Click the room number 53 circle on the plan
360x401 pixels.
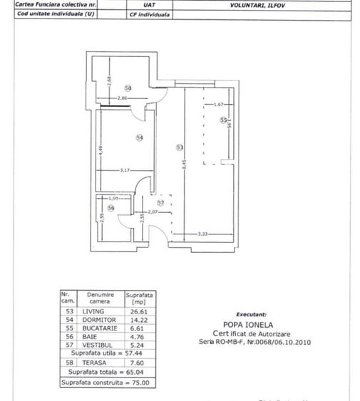[x=180, y=147]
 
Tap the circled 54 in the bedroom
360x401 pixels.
[x=139, y=137]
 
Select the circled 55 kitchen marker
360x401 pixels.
[x=222, y=121]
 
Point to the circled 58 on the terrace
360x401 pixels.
[x=128, y=88]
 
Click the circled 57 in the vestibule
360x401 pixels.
[x=160, y=203]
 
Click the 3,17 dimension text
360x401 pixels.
[x=125, y=170]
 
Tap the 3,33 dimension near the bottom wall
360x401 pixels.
[x=202, y=234]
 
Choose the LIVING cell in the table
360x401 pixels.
[x=93, y=311]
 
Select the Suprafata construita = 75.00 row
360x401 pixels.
[x=106, y=382]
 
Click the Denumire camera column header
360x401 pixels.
[x=99, y=298]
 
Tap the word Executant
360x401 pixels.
[x=251, y=313]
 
